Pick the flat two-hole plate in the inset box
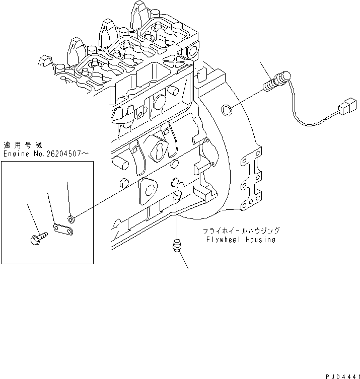(x=62, y=229)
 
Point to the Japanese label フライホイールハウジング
(x=241, y=231)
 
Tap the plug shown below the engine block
(x=177, y=247)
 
